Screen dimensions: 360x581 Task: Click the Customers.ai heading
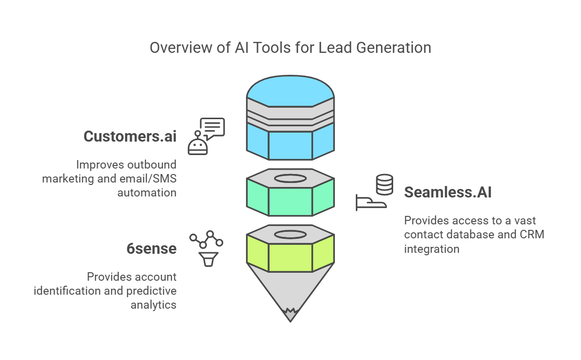[x=130, y=136]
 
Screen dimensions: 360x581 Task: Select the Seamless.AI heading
[x=447, y=192]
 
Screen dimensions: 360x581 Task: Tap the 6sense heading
[x=151, y=248]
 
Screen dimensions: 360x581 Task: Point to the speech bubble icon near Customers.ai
[x=212, y=128]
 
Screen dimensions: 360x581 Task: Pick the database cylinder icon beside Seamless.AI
[x=384, y=184]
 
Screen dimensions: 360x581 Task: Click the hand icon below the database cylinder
[x=371, y=202]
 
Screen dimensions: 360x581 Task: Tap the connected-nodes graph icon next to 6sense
[x=206, y=239]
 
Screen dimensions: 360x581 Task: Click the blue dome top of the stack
[x=290, y=93]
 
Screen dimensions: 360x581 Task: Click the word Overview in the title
[x=173, y=48]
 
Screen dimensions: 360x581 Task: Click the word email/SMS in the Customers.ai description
[x=143, y=178]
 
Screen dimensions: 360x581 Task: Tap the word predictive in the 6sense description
[x=152, y=291]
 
